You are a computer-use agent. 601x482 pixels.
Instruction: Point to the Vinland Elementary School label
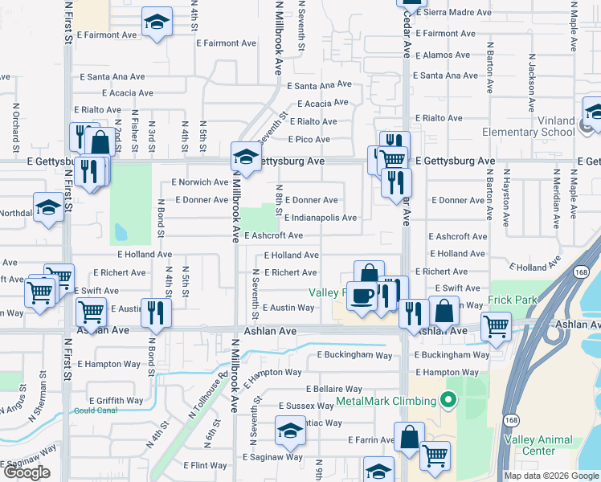pos(529,126)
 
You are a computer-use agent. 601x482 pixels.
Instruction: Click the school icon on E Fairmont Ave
pos(157,22)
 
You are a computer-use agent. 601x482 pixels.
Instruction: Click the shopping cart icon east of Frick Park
pos(496,326)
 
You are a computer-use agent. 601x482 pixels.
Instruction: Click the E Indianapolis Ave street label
pos(320,218)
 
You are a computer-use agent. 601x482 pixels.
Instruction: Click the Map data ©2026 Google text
pos(550,476)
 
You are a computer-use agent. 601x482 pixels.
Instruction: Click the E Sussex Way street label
pos(308,406)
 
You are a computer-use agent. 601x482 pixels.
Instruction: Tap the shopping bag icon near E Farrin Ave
pos(409,438)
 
